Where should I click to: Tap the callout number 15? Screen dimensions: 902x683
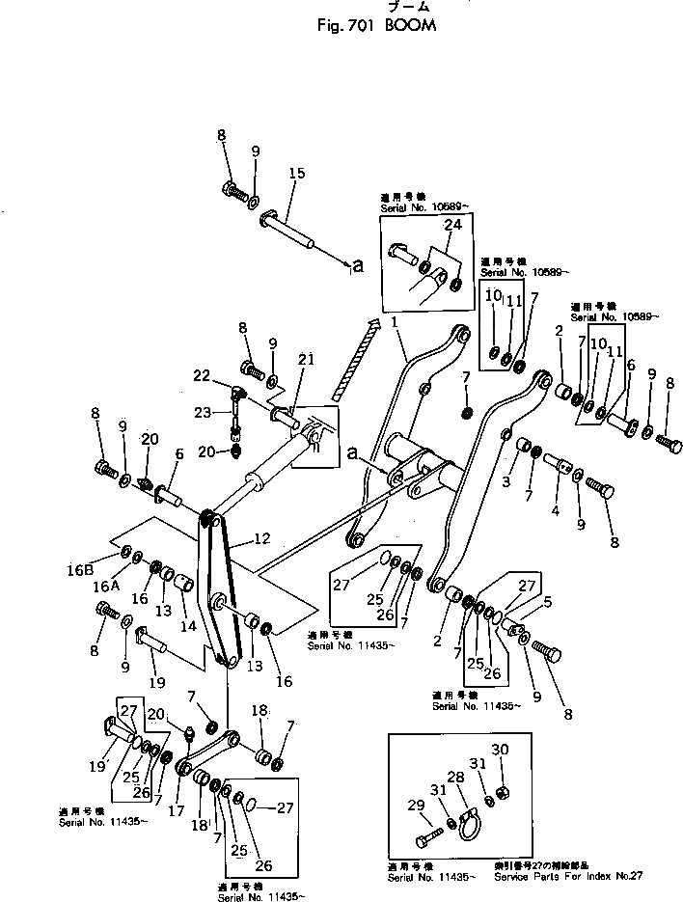296,174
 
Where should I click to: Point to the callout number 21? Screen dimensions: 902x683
306,359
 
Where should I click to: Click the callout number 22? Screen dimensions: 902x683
201,375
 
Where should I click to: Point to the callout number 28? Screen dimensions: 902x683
455,776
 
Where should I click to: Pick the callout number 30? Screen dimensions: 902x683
498,751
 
